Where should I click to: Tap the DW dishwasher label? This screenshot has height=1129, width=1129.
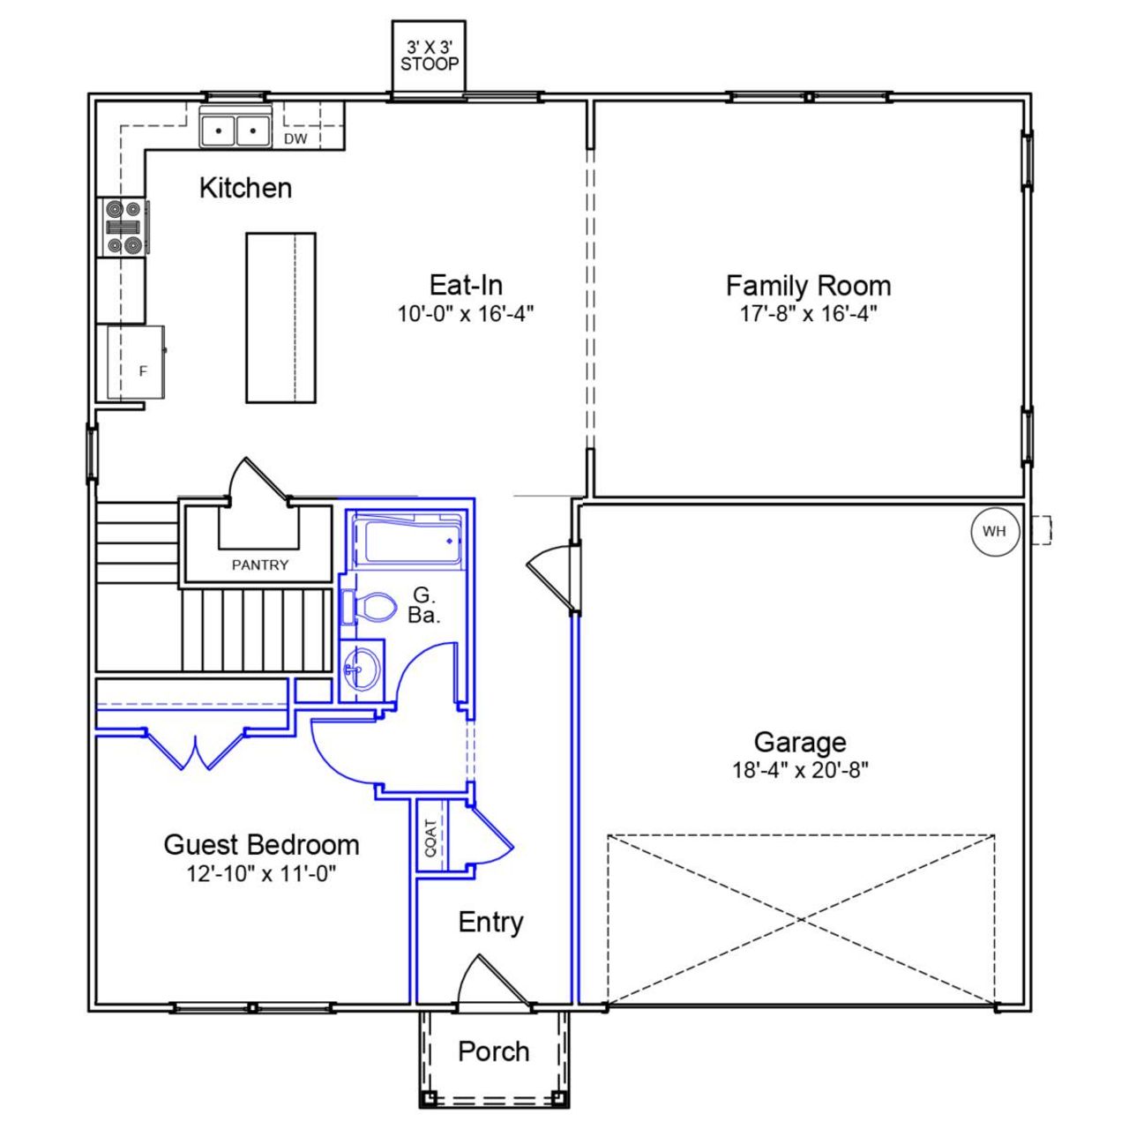[x=295, y=138]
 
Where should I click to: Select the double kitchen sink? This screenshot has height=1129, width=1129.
[x=236, y=131]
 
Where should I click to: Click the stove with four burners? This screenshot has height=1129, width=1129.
[x=123, y=228]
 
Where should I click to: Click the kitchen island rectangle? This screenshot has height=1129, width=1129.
[x=280, y=318]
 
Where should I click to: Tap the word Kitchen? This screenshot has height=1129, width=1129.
[x=245, y=188]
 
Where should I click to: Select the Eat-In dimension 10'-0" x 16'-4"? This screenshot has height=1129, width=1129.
[x=466, y=314]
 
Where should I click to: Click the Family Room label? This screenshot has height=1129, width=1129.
[x=808, y=286]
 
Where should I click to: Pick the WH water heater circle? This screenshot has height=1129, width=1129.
[x=994, y=531]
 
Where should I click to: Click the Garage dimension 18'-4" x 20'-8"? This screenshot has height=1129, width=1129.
[x=800, y=770]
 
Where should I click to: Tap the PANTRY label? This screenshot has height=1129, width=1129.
[x=259, y=564]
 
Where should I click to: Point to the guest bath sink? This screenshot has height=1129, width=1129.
[x=361, y=670]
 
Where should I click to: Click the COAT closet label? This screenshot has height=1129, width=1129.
[x=430, y=838]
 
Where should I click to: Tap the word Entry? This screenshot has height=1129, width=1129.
[x=490, y=923]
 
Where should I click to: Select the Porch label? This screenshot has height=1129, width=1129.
[x=493, y=1051]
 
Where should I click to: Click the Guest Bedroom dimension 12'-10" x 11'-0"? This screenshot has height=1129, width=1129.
[x=262, y=873]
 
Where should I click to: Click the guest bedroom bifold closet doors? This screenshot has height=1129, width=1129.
[x=193, y=750]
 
